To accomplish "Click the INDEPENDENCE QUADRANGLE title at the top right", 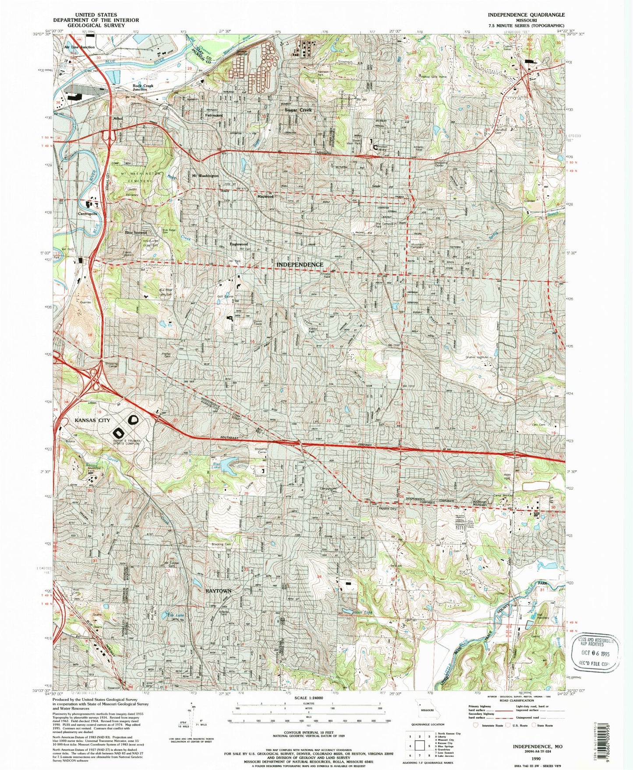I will click(x=526, y=14).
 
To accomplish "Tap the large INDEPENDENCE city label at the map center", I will click(x=300, y=265).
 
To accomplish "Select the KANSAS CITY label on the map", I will click(x=92, y=420).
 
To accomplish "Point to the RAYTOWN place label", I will click(x=218, y=591).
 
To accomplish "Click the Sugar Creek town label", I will click(x=298, y=110).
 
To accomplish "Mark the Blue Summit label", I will click(x=136, y=233).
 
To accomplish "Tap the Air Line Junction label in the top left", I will click(x=79, y=47).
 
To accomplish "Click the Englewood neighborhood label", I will click(x=239, y=244).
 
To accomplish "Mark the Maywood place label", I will click(x=265, y=197).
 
